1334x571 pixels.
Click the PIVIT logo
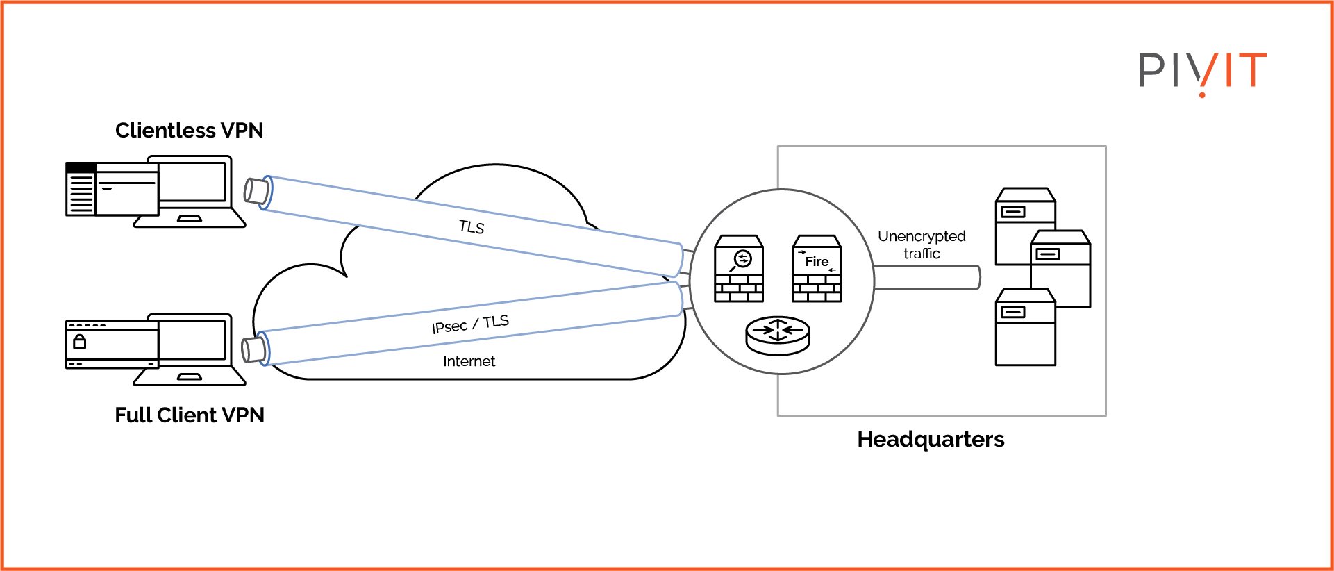(1202, 72)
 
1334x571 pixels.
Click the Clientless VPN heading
(189, 131)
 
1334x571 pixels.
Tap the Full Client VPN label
(189, 415)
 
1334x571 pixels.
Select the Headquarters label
(930, 440)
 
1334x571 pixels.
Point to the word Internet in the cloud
(469, 361)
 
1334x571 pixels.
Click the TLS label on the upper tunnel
(472, 226)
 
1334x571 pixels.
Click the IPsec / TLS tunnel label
(470, 324)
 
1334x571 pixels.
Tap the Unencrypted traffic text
(922, 245)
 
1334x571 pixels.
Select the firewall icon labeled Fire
(817, 269)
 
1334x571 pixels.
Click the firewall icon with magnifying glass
(739, 269)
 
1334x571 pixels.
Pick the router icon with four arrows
(778, 335)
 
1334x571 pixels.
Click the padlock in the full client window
(80, 341)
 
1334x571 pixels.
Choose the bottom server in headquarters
(1025, 329)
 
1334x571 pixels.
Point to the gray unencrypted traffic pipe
(927, 277)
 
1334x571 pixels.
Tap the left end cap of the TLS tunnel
(256, 190)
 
